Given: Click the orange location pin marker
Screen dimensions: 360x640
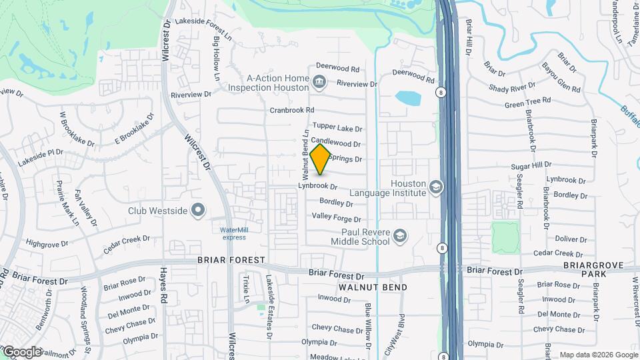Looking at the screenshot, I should [321, 158].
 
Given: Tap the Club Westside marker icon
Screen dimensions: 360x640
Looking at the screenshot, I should [198, 211].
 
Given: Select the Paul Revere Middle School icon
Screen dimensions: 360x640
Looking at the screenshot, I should [399, 235].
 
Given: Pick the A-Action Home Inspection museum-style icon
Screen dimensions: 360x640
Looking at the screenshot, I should [319, 82].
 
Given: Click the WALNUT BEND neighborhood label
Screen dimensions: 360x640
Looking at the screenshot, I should [372, 287].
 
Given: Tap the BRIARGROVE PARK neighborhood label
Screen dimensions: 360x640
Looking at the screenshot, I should [593, 269].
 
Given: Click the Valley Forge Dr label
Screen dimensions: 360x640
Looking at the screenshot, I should [337, 217].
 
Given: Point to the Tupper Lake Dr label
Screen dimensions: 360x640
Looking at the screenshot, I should [337, 127].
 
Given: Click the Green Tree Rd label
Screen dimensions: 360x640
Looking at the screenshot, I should [527, 103].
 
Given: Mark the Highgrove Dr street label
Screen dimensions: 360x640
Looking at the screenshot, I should [47, 244].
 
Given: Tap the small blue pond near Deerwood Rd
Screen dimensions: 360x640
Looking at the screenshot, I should [407, 98].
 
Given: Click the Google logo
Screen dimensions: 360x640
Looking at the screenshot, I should [22, 351].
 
